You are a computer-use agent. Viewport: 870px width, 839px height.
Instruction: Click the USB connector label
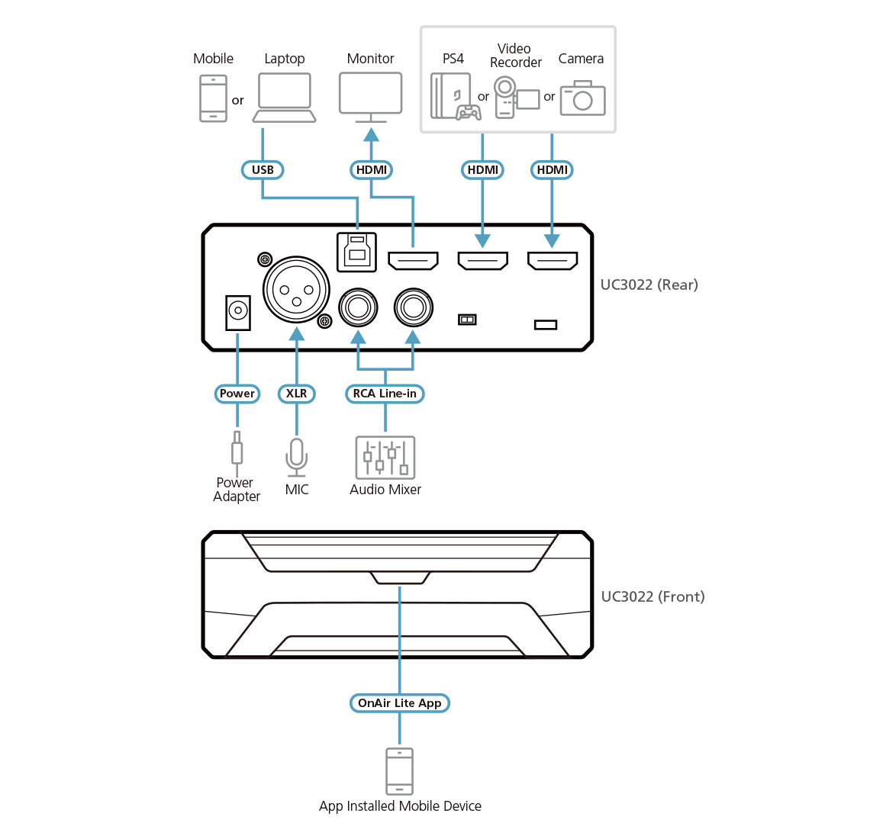(263, 169)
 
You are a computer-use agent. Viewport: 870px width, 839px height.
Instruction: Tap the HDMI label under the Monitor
(372, 169)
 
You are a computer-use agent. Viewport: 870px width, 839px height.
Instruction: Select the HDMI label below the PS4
(482, 169)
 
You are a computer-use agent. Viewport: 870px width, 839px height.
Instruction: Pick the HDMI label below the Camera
(552, 169)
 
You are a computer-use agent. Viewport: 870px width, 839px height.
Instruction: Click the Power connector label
(237, 394)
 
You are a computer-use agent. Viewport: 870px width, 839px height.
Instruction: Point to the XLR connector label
(296, 394)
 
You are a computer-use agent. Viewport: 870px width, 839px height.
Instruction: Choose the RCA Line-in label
(385, 394)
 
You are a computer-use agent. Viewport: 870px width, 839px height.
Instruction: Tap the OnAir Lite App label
(399, 702)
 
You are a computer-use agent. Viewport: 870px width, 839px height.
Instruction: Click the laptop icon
(285, 97)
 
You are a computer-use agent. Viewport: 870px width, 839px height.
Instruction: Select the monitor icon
(371, 95)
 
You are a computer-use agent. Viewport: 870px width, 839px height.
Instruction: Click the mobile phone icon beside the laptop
(213, 98)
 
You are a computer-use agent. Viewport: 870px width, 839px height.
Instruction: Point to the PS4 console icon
(454, 98)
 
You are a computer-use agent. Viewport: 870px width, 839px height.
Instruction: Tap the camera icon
(582, 98)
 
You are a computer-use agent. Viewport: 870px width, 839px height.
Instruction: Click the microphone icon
(296, 457)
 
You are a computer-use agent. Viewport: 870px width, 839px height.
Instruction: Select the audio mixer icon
(385, 457)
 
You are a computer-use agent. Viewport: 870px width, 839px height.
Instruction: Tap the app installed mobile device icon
(399, 771)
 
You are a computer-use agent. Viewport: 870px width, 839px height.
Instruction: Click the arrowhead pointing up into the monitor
(372, 134)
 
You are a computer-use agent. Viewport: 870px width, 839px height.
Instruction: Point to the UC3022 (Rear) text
(649, 285)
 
